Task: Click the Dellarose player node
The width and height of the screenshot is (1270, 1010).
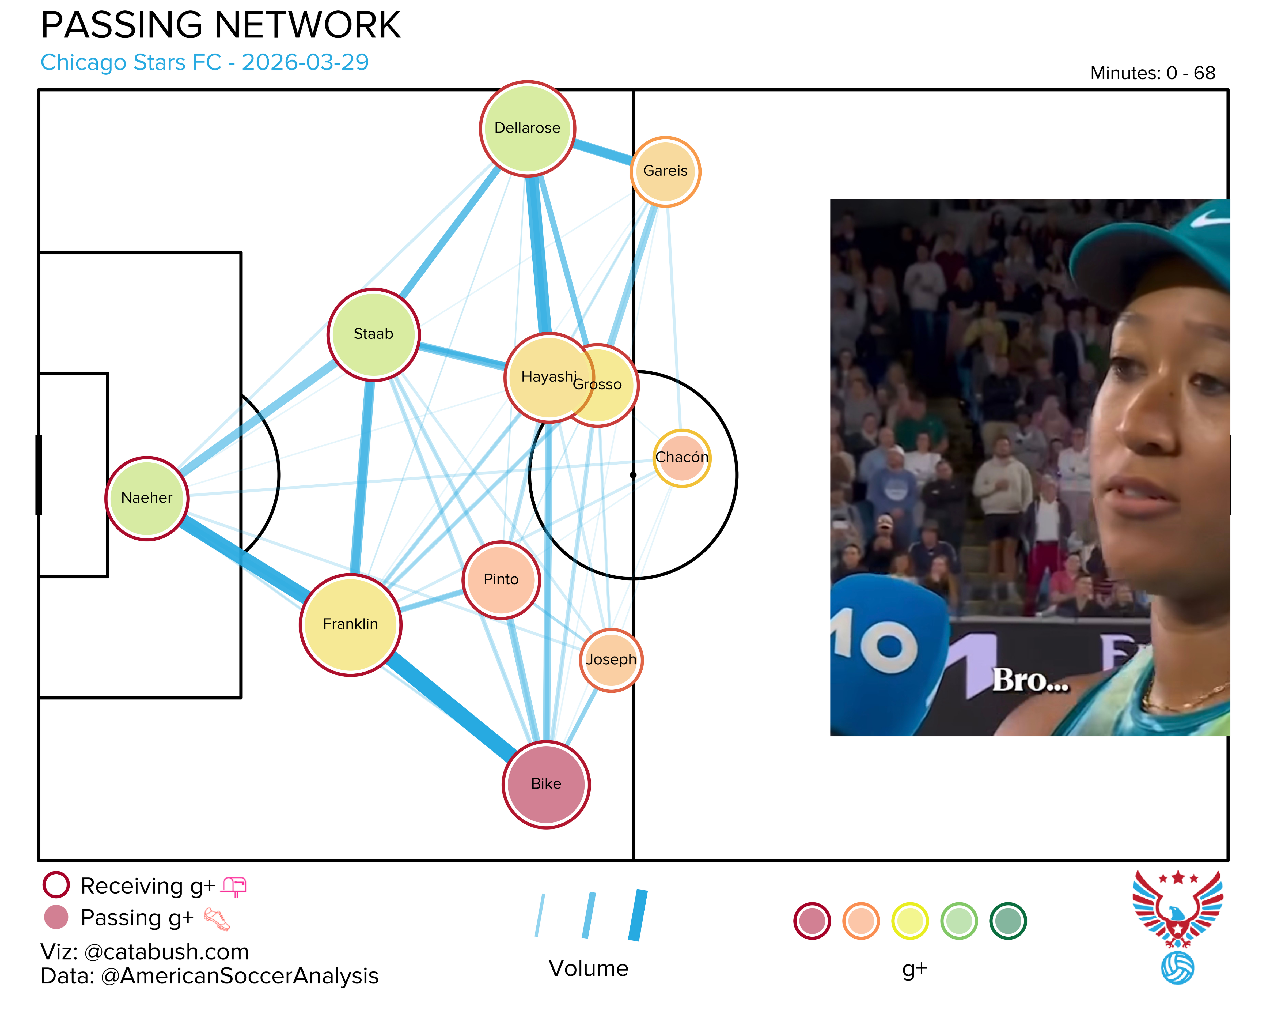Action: click(527, 129)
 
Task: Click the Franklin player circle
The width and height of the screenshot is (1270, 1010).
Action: click(350, 625)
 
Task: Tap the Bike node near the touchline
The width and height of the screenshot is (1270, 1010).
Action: click(546, 784)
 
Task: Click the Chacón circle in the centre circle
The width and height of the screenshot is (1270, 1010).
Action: click(681, 458)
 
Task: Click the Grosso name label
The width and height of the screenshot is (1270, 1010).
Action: click(597, 385)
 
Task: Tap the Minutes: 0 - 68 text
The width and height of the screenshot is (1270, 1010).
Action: click(1152, 73)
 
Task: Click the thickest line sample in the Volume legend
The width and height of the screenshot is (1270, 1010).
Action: click(638, 915)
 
